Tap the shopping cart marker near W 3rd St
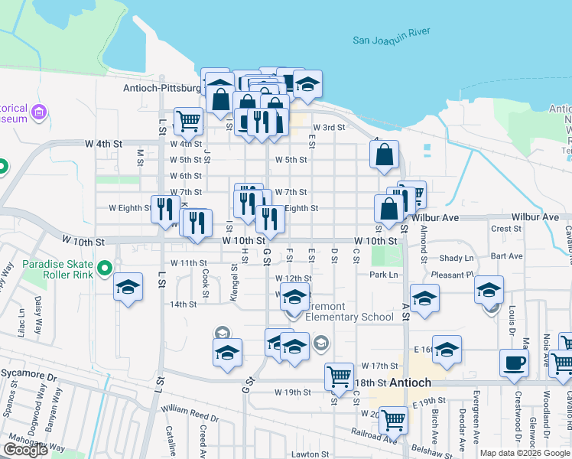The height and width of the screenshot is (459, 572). [188, 120]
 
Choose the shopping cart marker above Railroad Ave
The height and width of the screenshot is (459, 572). [393, 418]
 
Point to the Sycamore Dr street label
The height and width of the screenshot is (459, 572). [29, 377]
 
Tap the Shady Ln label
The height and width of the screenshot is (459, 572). [457, 259]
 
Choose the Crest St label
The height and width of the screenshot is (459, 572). [506, 229]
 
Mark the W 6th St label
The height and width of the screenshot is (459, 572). [186, 176]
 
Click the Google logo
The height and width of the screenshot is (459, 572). [26, 449]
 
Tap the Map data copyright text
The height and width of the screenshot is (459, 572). [524, 453]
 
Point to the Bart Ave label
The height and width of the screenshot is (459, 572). [507, 256]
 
